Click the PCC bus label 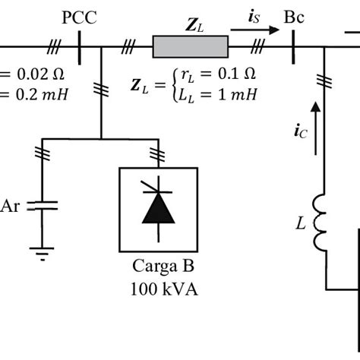tap(79, 17)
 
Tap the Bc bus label tap(294, 17)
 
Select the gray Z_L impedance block tap(191, 47)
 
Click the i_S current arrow tap(254, 30)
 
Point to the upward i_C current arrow tap(315, 128)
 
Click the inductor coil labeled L tap(320, 223)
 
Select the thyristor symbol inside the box tap(158, 209)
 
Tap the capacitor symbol tap(43, 206)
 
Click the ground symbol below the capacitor tap(42, 254)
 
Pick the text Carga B tap(163, 267)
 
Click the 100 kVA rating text tap(164, 289)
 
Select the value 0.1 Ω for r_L tap(237, 74)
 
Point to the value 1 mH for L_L tap(238, 95)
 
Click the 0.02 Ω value tap(40, 74)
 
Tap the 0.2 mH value tap(42, 95)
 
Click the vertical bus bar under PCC tap(80, 48)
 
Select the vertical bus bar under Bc tap(293, 47)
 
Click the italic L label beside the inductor tap(301, 223)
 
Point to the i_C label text tap(301, 131)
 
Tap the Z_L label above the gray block tap(194, 26)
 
